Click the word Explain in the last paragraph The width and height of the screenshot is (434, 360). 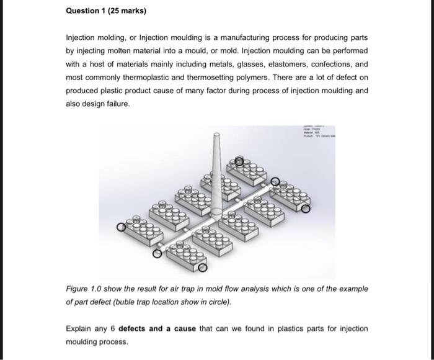[x=81, y=328]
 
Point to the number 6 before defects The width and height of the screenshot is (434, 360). [x=112, y=328]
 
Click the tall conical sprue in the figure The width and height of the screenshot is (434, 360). [x=216, y=174]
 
